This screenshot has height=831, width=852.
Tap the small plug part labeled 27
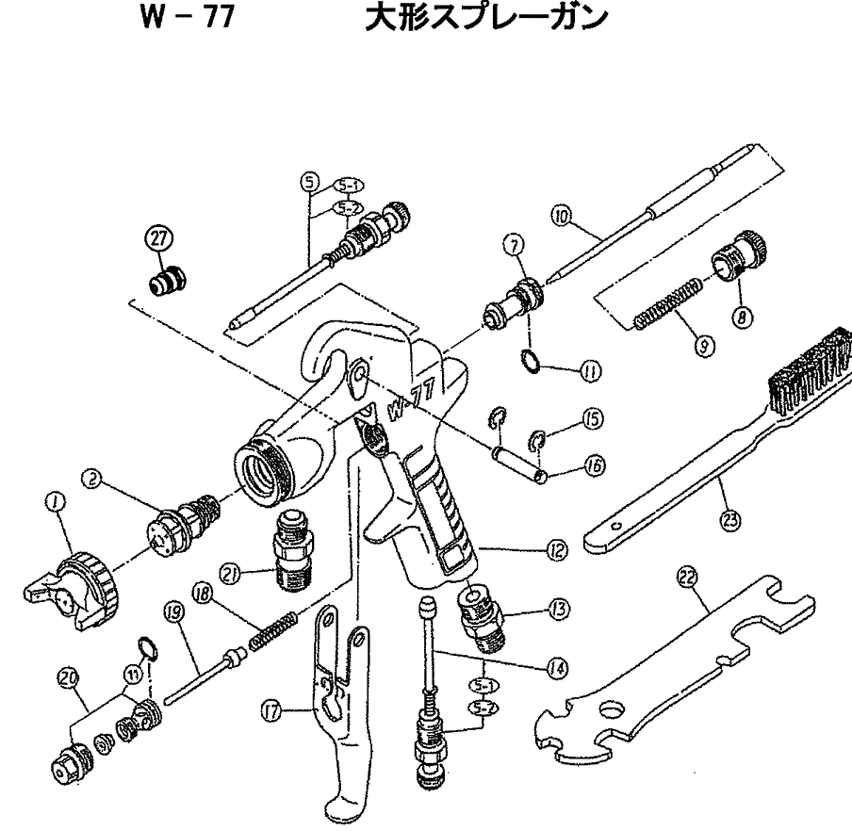point(169,281)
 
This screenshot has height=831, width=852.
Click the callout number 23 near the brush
point(729,518)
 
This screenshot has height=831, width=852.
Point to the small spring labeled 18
point(273,629)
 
